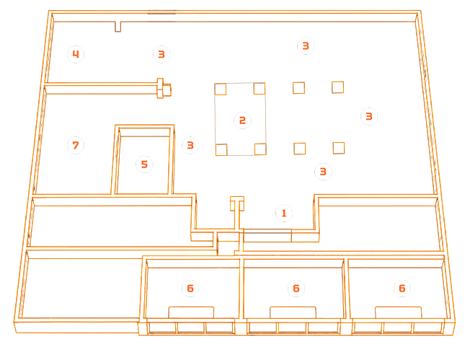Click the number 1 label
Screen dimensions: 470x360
pyautogui.click(x=284, y=214)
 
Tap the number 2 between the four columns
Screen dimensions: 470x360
pyautogui.click(x=242, y=120)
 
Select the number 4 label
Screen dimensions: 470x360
pyautogui.click(x=76, y=54)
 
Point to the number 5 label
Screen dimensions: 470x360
pyautogui.click(x=144, y=164)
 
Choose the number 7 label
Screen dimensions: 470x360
pyautogui.click(x=76, y=145)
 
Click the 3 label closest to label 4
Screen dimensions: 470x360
pyautogui.click(x=161, y=54)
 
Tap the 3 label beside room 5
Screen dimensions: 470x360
pyautogui.click(x=190, y=145)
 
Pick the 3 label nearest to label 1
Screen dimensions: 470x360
pyautogui.click(x=323, y=171)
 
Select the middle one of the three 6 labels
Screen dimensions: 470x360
pyautogui.click(x=296, y=289)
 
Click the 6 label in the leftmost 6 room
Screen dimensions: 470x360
pyautogui.click(x=190, y=289)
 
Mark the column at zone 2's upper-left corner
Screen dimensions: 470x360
pyautogui.click(x=221, y=89)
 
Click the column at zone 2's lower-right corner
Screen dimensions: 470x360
pyautogui.click(x=260, y=149)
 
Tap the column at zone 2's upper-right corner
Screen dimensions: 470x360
pyautogui.click(x=260, y=89)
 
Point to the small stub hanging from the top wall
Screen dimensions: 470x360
pyautogui.click(x=117, y=27)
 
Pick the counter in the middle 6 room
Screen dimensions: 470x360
pyautogui.click(x=293, y=312)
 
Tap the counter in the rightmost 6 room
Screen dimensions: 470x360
pyautogui.click(x=399, y=312)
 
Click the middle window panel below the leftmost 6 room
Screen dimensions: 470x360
pyautogui.click(x=191, y=328)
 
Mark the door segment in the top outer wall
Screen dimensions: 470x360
pyautogui.click(x=162, y=12)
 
